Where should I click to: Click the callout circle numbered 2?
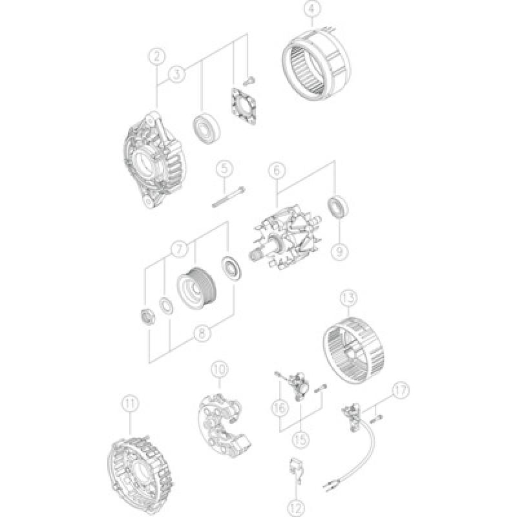tap(156, 56)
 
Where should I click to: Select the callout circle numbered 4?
tap(312, 10)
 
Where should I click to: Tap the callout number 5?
tap(223, 169)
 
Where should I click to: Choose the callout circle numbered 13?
tap(348, 299)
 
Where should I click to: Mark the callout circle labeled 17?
tap(401, 390)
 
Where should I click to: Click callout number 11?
tap(131, 404)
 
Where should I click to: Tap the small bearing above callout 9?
tap(337, 207)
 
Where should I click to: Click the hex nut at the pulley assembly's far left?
tap(148, 317)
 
